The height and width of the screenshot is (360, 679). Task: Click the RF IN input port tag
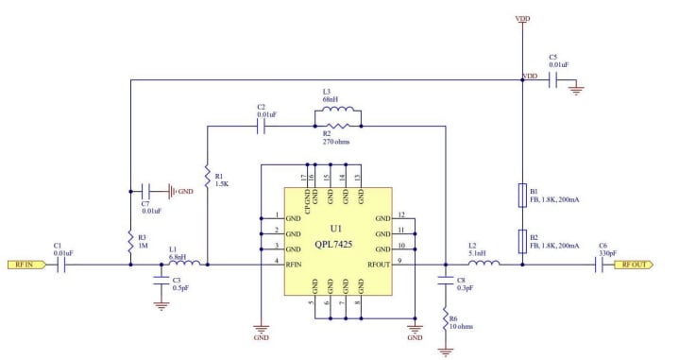pyautogui.click(x=21, y=265)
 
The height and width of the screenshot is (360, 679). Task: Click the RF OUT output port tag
pyautogui.click(x=634, y=265)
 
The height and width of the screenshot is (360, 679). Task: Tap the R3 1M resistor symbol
pyautogui.click(x=129, y=241)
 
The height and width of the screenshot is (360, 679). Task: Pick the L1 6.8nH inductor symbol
pyautogui.click(x=183, y=265)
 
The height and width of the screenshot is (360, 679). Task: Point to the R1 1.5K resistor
pyautogui.click(x=205, y=176)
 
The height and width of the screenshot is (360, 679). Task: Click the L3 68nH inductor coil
pyautogui.click(x=337, y=109)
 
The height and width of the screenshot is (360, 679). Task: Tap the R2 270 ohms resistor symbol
pyautogui.click(x=337, y=125)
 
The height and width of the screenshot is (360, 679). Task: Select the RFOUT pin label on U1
pyautogui.click(x=378, y=265)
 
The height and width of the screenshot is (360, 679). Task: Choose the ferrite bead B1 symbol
pyautogui.click(x=522, y=195)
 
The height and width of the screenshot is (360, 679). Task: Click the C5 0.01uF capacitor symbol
pyautogui.click(x=559, y=82)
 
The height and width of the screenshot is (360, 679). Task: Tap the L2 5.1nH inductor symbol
pyautogui.click(x=480, y=265)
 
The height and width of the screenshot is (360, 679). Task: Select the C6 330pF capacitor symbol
pyautogui.click(x=600, y=265)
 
